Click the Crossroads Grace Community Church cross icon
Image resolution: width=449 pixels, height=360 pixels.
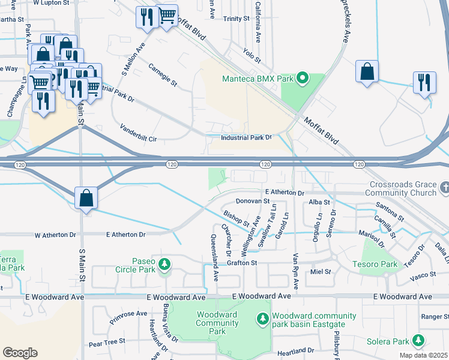pos(444,188)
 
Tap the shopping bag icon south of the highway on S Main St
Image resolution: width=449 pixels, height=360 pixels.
pos(86,197)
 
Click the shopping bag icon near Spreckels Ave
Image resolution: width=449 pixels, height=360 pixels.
pos(367,71)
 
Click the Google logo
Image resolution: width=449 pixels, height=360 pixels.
pos(20,352)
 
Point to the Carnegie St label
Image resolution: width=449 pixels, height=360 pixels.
pos(163,73)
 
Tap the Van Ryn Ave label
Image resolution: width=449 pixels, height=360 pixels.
pos(295,271)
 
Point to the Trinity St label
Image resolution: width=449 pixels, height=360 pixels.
pos(236,19)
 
